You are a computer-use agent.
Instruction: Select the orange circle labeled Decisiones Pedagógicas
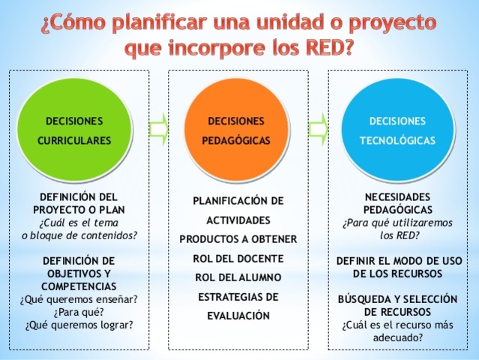(x=237, y=129)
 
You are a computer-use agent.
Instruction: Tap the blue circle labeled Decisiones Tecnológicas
(x=397, y=129)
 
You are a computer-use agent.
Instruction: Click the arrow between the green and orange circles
(x=159, y=128)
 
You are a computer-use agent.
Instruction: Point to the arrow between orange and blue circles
(x=319, y=128)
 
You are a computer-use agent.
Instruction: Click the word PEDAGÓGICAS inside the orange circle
(x=237, y=139)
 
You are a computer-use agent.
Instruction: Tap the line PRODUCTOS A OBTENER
(x=238, y=238)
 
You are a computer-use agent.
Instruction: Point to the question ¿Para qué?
(x=78, y=312)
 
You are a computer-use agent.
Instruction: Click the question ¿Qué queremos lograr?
(x=79, y=324)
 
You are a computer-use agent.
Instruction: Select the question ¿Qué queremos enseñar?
(x=79, y=300)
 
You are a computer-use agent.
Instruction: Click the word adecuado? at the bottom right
(x=397, y=337)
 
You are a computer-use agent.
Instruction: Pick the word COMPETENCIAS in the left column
(x=79, y=286)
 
